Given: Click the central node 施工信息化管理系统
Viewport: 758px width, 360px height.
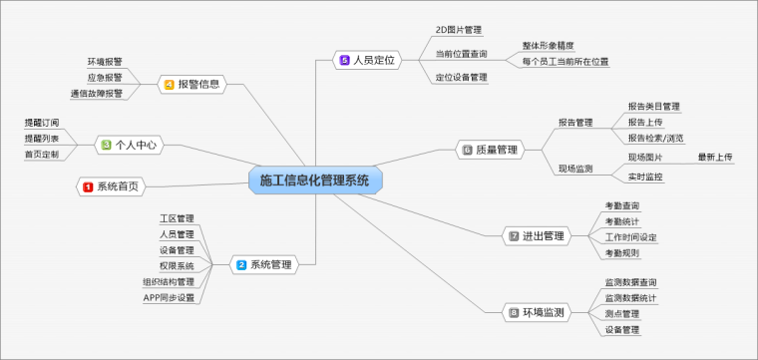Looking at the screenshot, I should (x=314, y=180).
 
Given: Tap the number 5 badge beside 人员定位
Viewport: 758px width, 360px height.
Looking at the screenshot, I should (x=344, y=61).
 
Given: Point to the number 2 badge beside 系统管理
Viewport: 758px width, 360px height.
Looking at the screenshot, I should (x=240, y=265).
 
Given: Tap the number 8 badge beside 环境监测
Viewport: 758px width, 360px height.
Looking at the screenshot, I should (x=514, y=313).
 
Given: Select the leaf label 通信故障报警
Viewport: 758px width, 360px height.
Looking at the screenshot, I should (x=97, y=94).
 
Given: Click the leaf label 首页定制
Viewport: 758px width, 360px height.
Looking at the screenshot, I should (x=42, y=155).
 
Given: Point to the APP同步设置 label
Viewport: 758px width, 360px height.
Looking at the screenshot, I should (x=169, y=297).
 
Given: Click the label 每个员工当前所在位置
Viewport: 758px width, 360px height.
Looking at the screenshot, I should (x=565, y=62).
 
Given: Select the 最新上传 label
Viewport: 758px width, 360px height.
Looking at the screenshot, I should (x=714, y=157).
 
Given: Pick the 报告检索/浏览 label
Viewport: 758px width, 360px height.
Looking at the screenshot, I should (x=655, y=138).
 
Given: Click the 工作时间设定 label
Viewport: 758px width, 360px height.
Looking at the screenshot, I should (x=630, y=237).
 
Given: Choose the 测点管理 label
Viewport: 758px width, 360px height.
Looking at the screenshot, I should (x=622, y=313).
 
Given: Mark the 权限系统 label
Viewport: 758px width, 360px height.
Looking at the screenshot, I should (x=177, y=266).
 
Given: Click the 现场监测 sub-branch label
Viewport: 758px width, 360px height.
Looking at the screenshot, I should (x=575, y=170).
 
